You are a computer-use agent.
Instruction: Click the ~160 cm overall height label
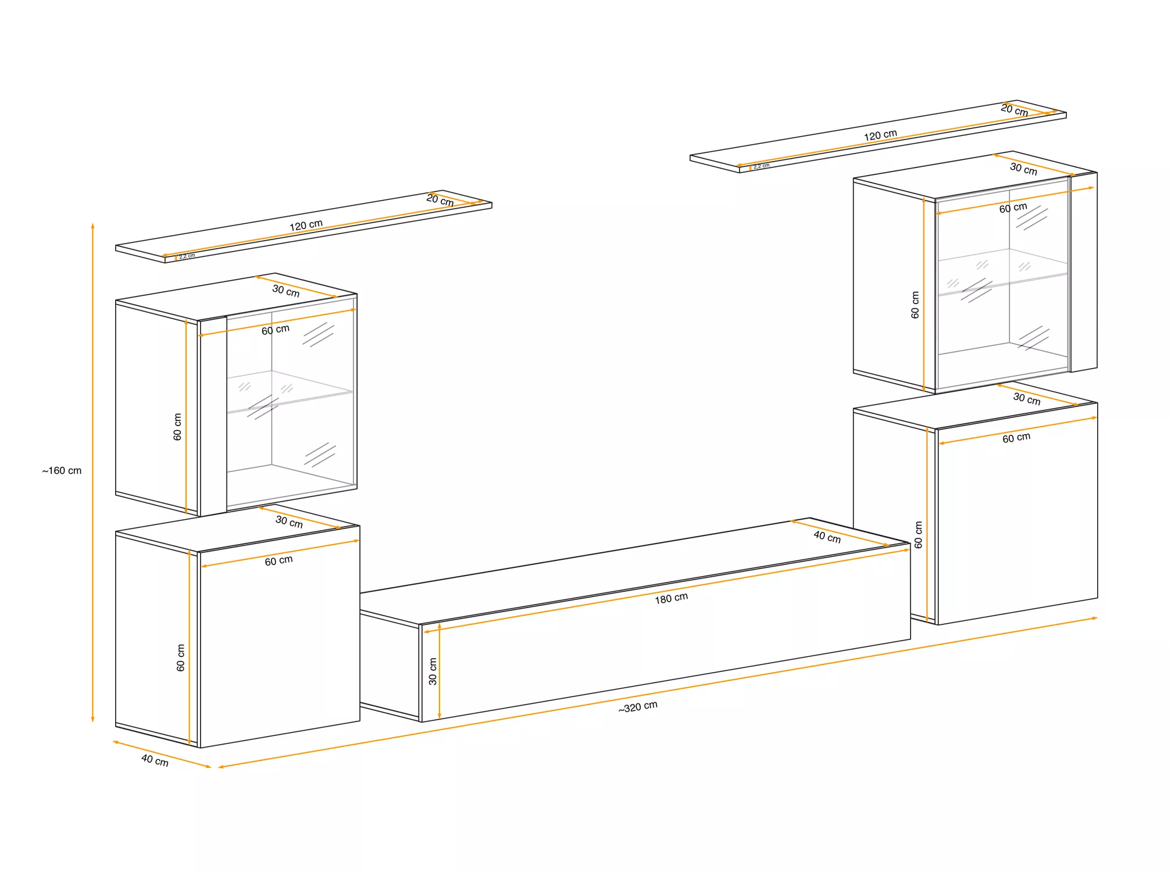tap(62, 470)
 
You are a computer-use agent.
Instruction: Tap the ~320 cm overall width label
tap(638, 707)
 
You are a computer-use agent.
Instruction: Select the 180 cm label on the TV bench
tap(671, 598)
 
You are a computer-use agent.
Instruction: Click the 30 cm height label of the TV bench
tap(433, 671)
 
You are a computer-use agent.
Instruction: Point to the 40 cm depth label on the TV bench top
tap(827, 537)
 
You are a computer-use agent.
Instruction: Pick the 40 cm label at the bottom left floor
tap(155, 760)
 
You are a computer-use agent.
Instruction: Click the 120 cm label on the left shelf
tap(306, 225)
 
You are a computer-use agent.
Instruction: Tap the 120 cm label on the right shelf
tap(880, 135)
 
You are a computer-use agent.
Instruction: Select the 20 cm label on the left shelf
tap(440, 200)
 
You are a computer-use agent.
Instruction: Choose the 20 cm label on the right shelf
tap(1014, 110)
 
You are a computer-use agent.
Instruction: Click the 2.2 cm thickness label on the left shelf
tap(187, 256)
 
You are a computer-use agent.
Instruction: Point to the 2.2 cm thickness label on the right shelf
tap(761, 166)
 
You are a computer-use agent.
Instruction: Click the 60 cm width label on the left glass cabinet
tap(275, 330)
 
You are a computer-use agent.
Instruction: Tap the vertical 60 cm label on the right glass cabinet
tap(915, 305)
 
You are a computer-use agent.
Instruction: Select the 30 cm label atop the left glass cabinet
tap(285, 291)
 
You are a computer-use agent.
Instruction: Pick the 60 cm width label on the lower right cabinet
tap(1016, 438)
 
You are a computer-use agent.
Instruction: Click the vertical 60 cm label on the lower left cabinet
tap(180, 657)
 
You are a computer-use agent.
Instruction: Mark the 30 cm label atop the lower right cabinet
tap(1027, 399)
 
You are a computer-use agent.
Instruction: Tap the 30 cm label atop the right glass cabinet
tap(1023, 169)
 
